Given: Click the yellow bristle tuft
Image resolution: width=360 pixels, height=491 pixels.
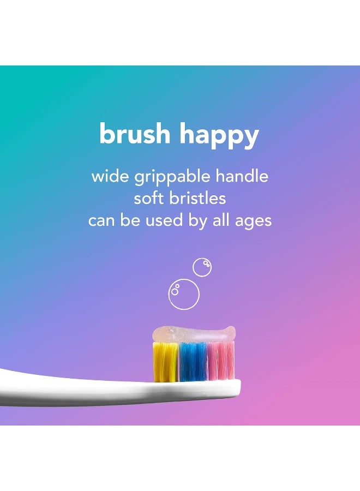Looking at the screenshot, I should coord(165,361).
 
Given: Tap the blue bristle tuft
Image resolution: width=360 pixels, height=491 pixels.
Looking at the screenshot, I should coord(194,361).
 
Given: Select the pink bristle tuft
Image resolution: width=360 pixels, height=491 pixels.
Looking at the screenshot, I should coord(221,361).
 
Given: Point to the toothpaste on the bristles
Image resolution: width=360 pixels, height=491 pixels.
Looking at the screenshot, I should coord(194,334).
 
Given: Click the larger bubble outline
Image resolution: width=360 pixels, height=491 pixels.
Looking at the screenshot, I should coord(184,295).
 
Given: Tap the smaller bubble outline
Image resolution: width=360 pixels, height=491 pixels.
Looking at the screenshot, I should coord(202,267).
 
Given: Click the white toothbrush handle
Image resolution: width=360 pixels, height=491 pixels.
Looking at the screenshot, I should coord(65,388).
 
